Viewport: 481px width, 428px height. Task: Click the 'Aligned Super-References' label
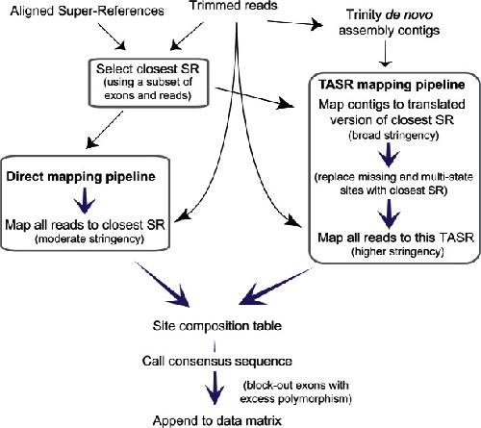coord(87,12)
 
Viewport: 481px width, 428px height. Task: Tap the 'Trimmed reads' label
coord(234,6)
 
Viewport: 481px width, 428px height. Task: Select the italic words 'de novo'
coord(409,14)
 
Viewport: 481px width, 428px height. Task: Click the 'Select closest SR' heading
coord(148,68)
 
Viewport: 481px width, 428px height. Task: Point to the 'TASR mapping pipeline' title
coord(392,85)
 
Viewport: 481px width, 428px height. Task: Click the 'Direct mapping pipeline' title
coord(81,177)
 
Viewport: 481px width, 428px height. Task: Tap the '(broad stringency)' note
coord(393,135)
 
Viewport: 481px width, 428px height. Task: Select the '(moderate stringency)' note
coord(89,239)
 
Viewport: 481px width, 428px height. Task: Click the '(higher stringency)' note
coord(397,252)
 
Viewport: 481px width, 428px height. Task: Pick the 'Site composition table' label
coord(217,326)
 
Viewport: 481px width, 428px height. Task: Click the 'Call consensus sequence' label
coord(217,362)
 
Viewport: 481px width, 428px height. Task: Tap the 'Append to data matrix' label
coord(217,420)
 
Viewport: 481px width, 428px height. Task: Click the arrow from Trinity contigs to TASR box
coord(385,55)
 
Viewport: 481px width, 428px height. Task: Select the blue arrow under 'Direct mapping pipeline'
coord(85,201)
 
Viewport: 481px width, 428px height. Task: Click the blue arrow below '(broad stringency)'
coord(389,155)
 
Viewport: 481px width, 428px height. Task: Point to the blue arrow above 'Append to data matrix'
coord(215,388)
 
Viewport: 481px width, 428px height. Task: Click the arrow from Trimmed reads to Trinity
coord(295,23)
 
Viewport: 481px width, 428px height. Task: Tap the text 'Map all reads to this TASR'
coord(395,238)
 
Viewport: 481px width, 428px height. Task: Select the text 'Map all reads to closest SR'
coord(85,225)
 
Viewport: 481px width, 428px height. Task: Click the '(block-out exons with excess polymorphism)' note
coord(295,391)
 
